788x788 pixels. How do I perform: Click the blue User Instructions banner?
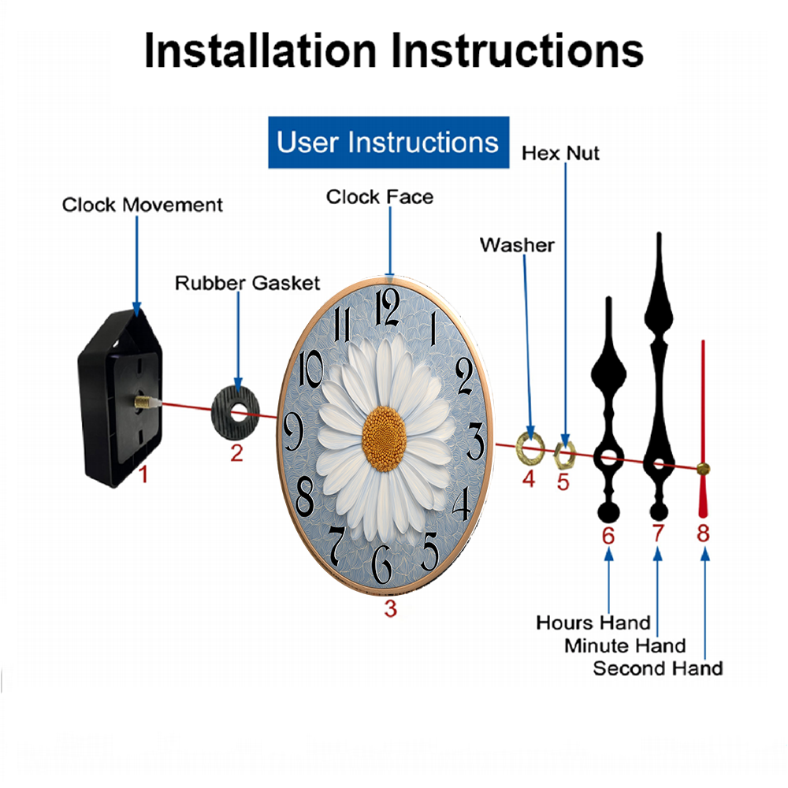(388, 142)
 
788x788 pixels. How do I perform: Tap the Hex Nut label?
(560, 153)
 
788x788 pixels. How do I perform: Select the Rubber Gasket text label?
(247, 283)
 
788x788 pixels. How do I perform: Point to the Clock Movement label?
(142, 205)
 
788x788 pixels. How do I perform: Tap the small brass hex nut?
(564, 455)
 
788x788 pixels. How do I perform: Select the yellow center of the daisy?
(385, 439)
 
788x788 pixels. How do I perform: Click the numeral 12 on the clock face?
(388, 308)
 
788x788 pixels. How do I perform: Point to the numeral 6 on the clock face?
(381, 564)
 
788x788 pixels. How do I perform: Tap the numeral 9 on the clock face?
(293, 433)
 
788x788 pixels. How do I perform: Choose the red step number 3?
(391, 608)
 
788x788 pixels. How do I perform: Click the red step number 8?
(703, 533)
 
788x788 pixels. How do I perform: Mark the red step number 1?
(143, 474)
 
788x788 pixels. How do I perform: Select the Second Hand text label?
(658, 668)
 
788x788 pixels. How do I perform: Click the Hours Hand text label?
(593, 623)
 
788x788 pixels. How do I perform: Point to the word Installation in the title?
(260, 50)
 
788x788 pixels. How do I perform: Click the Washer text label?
(517, 245)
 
